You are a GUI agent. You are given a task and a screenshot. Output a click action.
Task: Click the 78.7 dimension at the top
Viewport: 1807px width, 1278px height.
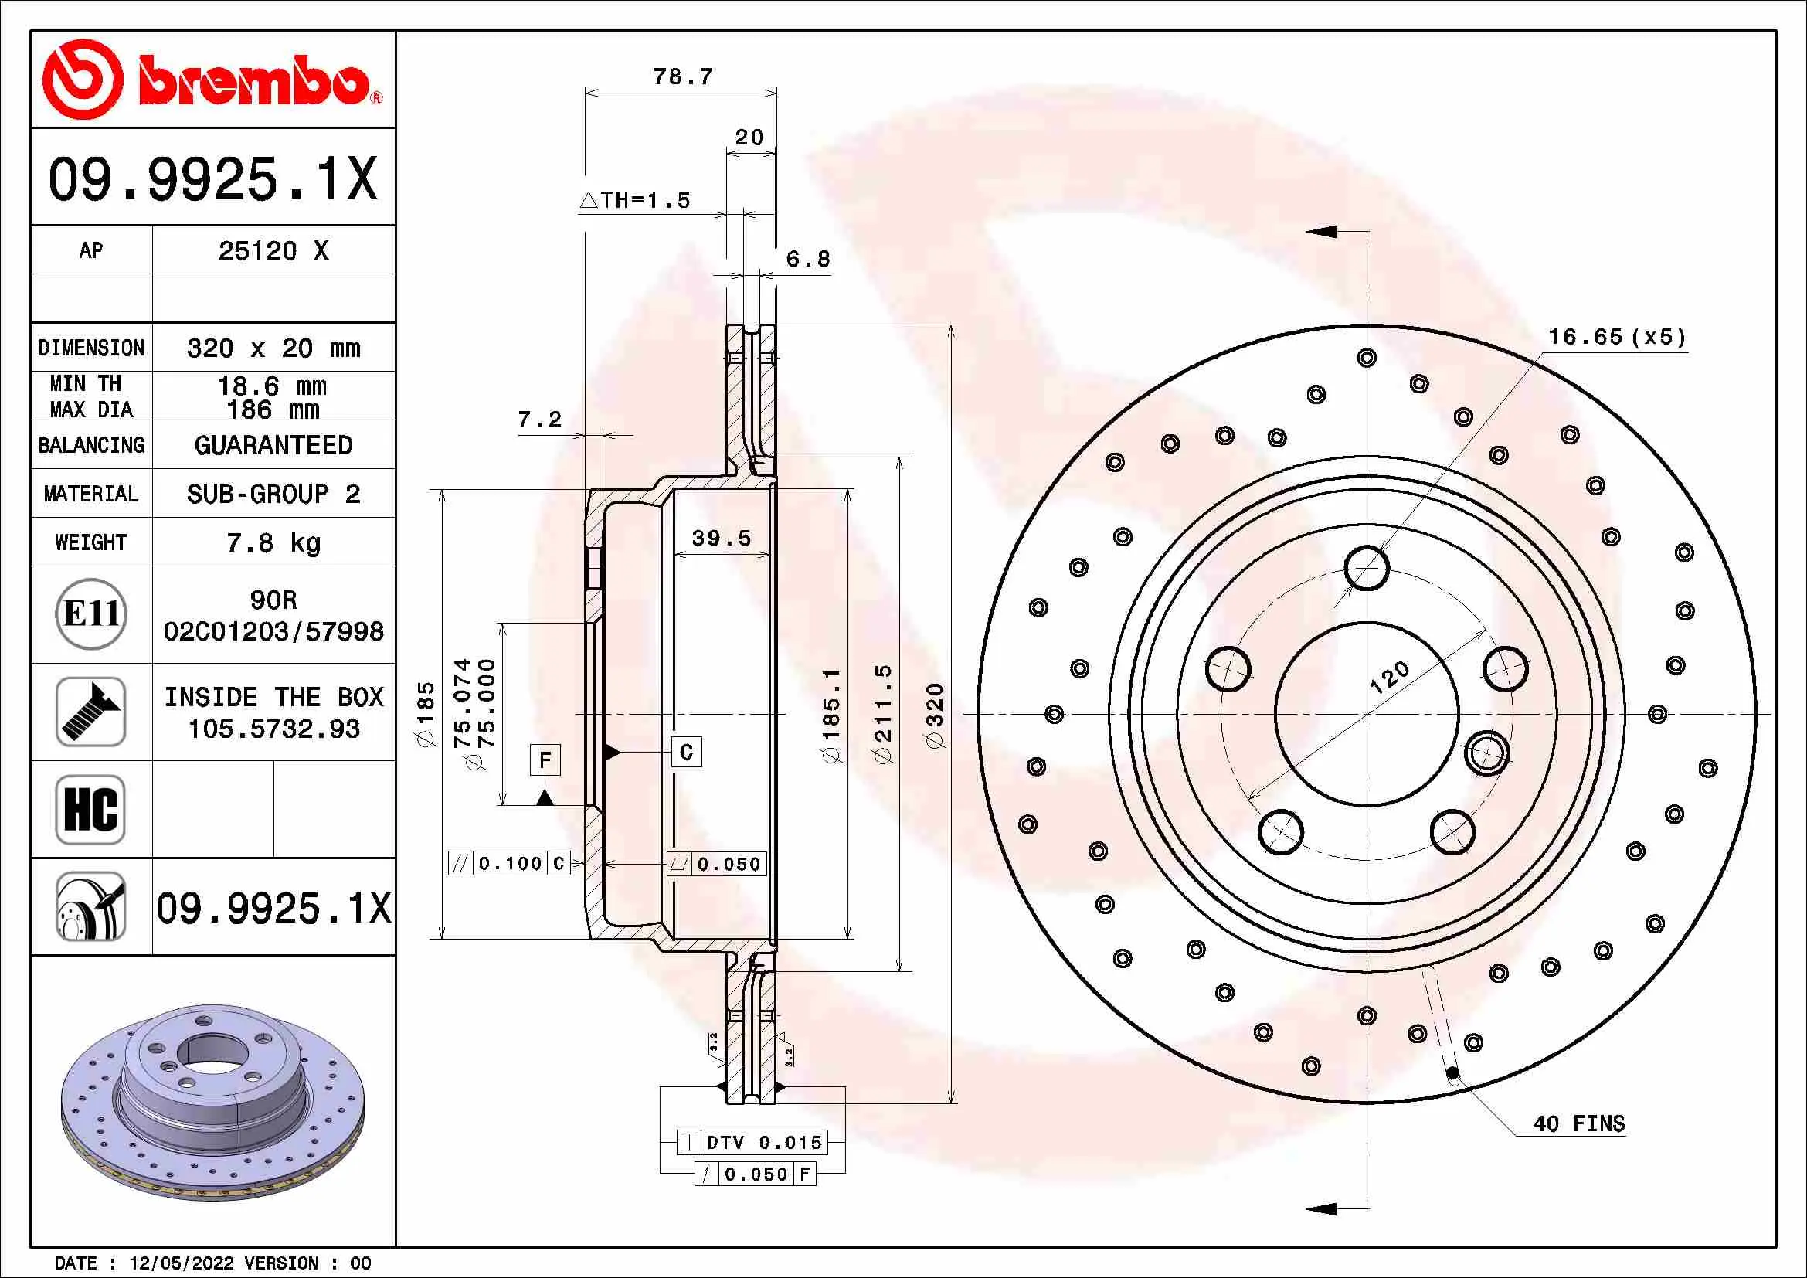pos(682,77)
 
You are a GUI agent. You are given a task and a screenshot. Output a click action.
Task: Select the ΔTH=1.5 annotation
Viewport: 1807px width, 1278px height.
pos(636,201)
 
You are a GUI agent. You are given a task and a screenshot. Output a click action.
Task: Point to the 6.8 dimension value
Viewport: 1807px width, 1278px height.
pos(807,260)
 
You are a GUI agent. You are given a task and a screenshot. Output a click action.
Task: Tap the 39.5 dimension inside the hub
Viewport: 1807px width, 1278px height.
pos(721,539)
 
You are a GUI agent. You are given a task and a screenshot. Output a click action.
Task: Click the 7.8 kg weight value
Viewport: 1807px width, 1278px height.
pos(273,543)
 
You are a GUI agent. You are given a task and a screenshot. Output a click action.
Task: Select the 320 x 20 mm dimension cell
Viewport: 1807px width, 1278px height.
pos(273,348)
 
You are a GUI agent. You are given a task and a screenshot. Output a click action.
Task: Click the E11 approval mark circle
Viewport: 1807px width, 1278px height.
pos(91,614)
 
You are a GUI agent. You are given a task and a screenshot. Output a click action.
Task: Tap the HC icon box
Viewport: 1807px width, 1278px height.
pos(91,809)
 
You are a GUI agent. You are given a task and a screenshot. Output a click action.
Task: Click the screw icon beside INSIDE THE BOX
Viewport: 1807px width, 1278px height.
pos(91,712)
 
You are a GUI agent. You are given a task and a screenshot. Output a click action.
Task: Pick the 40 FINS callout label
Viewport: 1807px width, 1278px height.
pos(1579,1123)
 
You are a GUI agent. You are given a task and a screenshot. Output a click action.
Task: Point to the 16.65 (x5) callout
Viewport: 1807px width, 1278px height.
pos(1616,338)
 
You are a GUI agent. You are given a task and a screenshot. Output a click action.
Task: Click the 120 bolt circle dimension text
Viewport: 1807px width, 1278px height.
pos(1390,678)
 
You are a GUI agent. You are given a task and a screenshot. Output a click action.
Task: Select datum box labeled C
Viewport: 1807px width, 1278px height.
pos(686,753)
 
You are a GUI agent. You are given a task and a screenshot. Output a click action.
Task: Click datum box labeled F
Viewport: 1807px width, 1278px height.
pos(545,760)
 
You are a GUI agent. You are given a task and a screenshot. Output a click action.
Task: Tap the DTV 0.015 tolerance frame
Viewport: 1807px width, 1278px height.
pos(752,1143)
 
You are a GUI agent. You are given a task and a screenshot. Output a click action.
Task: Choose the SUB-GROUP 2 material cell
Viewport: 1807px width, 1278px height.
pos(273,495)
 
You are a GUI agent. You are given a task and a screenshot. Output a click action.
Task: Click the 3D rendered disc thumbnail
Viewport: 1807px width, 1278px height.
pos(212,1102)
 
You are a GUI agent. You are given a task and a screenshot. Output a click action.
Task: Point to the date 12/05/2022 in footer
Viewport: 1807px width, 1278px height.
pos(181,1263)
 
